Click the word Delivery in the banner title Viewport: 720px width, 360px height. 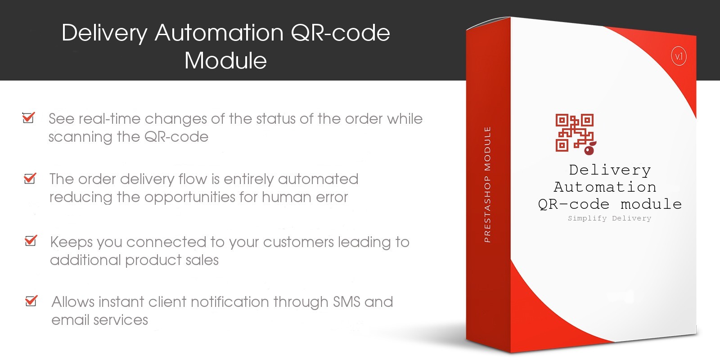pos(104,33)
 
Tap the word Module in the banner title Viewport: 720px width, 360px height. pos(225,60)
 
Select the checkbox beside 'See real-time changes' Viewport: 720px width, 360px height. pos(29,117)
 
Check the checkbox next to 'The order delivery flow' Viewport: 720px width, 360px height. pos(30,178)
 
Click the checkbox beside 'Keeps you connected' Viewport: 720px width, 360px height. pos(31,240)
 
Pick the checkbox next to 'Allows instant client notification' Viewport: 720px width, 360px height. pos(31,301)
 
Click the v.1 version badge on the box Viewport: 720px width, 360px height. pos(679,57)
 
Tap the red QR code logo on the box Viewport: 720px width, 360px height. pos(576,134)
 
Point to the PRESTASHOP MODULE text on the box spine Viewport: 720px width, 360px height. pos(488,184)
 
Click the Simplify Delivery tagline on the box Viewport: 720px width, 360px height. pos(609,219)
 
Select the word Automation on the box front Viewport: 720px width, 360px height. pos(605,187)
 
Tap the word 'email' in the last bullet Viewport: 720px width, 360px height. pos(70,320)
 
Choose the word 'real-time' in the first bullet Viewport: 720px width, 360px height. pos(110,119)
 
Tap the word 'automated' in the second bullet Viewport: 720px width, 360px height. pos(318,179)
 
